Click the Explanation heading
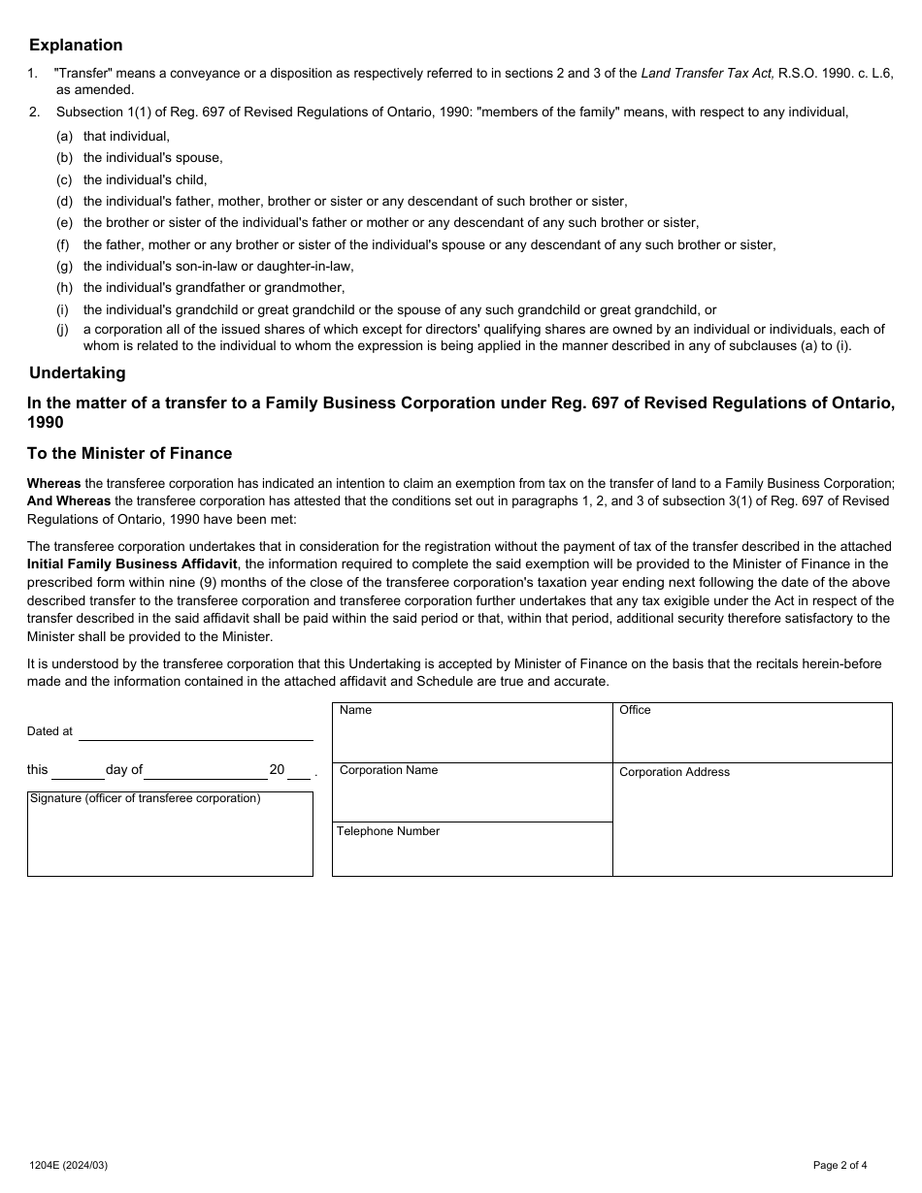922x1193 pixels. [76, 45]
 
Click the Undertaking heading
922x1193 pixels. [77, 372]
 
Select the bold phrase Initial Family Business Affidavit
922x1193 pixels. [132, 564]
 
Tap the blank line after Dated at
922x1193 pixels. [195, 733]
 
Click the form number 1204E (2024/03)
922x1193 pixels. [68, 1165]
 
